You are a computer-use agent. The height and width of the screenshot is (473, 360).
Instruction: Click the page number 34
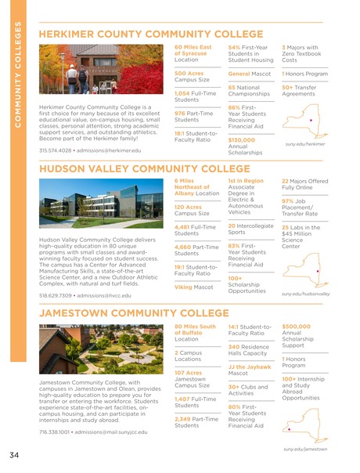click(15, 455)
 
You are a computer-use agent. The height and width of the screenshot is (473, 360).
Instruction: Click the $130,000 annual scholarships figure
click(243, 139)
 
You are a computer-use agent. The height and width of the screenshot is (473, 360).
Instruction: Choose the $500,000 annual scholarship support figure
click(296, 326)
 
